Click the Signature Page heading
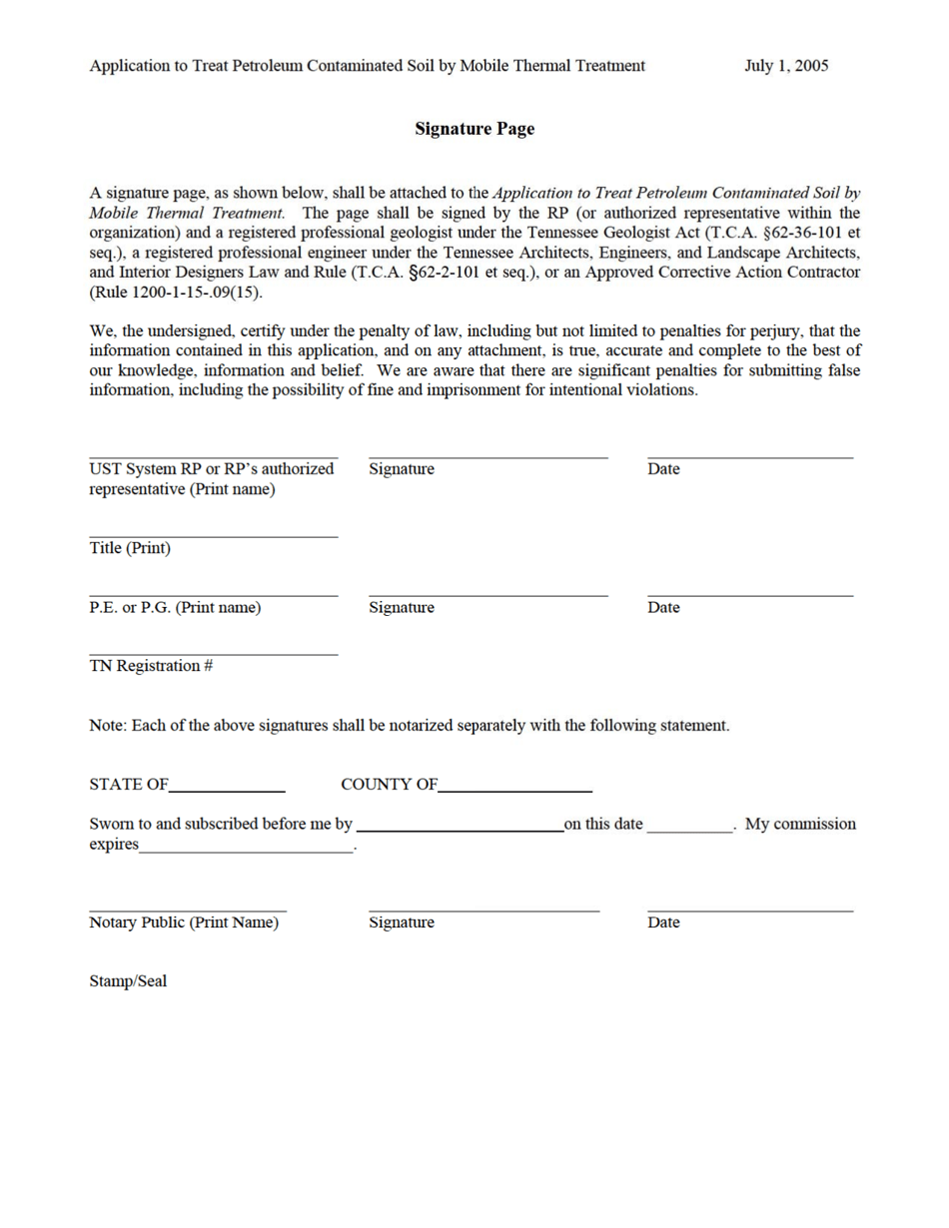pos(474,130)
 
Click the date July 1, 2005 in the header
pos(786,66)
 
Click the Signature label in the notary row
pos(402,922)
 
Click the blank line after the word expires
pos(248,849)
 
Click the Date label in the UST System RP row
pos(663,469)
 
